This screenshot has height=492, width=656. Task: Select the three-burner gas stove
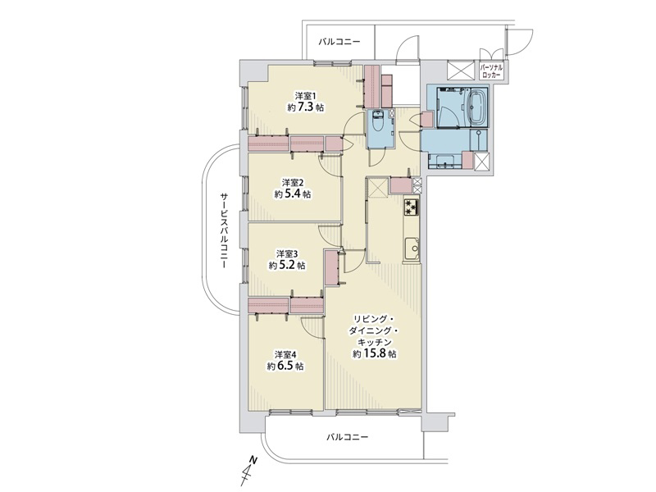(x=412, y=207)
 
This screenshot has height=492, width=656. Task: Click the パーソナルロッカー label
(x=492, y=71)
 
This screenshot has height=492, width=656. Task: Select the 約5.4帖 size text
(x=293, y=194)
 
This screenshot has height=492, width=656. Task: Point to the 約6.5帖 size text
(x=285, y=367)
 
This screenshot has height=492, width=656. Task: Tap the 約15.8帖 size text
(x=375, y=354)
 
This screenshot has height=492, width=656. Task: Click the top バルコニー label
(x=339, y=42)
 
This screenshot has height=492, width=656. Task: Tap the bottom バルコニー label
(x=347, y=437)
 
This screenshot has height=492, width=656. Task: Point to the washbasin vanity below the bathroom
(x=444, y=161)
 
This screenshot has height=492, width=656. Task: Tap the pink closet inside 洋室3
(x=331, y=268)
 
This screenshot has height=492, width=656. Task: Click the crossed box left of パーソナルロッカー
(x=460, y=70)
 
